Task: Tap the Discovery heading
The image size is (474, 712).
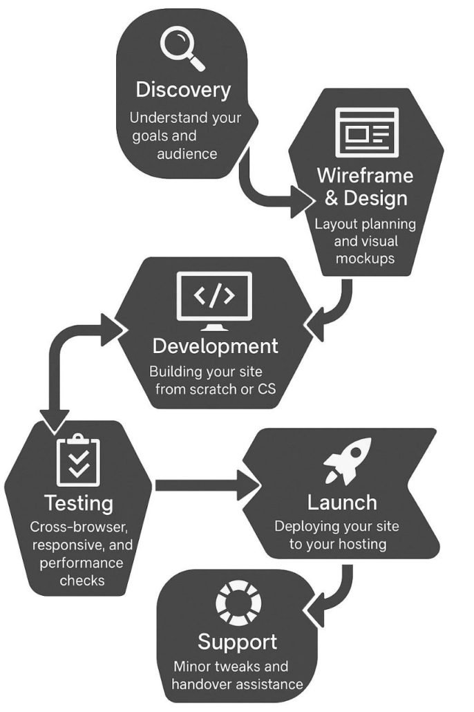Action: click(x=183, y=90)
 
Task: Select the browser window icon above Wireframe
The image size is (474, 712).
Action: click(x=366, y=131)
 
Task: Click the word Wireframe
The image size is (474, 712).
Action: click(x=365, y=175)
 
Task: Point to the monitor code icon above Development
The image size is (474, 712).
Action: click(x=214, y=299)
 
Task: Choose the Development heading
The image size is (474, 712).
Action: click(x=215, y=346)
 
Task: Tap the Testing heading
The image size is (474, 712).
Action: click(x=79, y=503)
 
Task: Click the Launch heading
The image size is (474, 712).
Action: click(x=342, y=503)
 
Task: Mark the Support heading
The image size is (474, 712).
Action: click(x=237, y=641)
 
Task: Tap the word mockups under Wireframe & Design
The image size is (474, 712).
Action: click(x=365, y=259)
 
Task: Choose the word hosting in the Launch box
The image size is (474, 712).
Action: click(x=362, y=544)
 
